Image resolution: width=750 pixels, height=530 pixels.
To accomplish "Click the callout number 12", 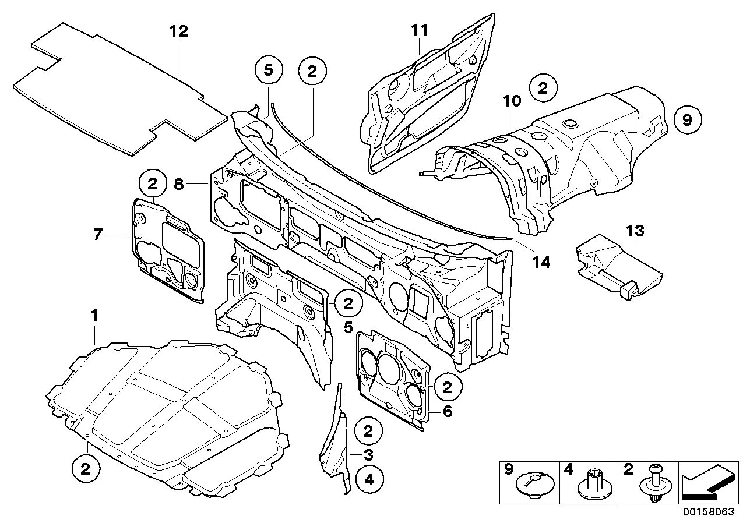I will [179, 31].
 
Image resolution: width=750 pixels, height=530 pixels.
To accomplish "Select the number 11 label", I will [418, 30].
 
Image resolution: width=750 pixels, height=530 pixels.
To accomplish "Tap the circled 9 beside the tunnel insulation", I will [687, 120].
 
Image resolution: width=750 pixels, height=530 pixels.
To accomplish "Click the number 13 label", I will [635, 231].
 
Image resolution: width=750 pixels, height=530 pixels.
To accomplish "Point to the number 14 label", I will [541, 262].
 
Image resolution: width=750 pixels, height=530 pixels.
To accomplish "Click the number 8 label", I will [179, 184].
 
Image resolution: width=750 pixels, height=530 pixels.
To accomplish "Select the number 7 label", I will [97, 235].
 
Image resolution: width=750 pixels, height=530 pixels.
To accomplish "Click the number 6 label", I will [447, 411].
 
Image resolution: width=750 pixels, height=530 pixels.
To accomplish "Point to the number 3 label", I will [368, 455].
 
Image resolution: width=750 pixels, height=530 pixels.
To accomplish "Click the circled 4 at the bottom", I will [368, 480].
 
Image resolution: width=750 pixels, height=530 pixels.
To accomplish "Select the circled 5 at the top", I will [268, 70].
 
